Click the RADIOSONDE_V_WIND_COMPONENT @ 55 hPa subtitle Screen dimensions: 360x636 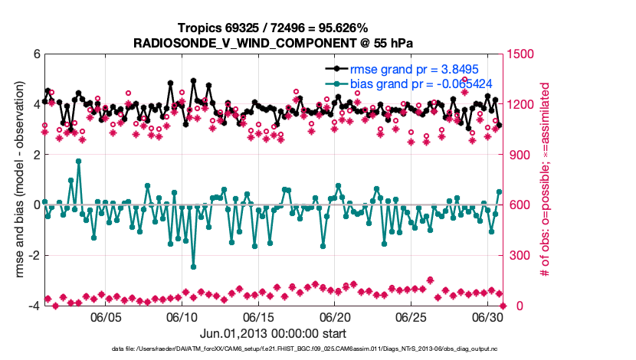[x=272, y=43]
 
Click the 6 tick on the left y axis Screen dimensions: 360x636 [x=35, y=54]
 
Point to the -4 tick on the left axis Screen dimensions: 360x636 [x=33, y=306]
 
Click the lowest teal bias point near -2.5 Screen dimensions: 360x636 [x=193, y=267]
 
